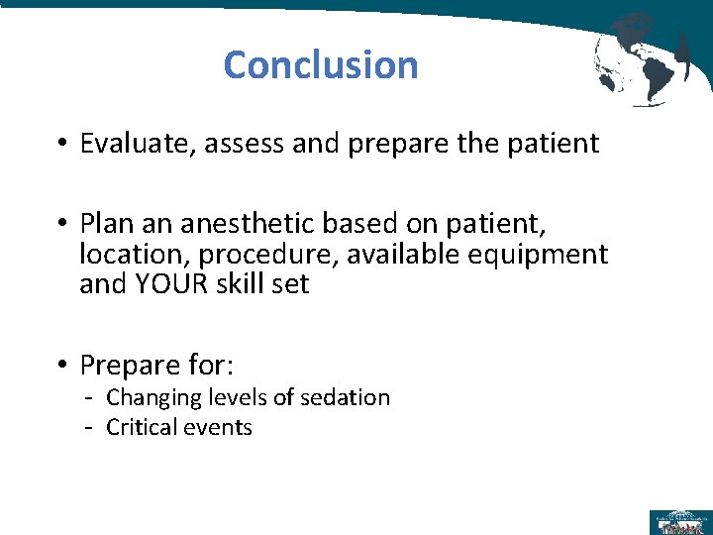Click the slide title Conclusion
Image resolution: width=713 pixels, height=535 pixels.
(x=320, y=65)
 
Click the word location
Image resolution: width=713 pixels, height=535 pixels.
(x=127, y=256)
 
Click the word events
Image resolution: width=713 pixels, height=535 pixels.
(x=221, y=428)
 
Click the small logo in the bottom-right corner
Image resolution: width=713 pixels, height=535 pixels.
(x=678, y=521)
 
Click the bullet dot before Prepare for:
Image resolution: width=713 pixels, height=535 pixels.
(x=61, y=367)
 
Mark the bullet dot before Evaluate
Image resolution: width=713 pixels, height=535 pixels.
(x=61, y=145)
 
